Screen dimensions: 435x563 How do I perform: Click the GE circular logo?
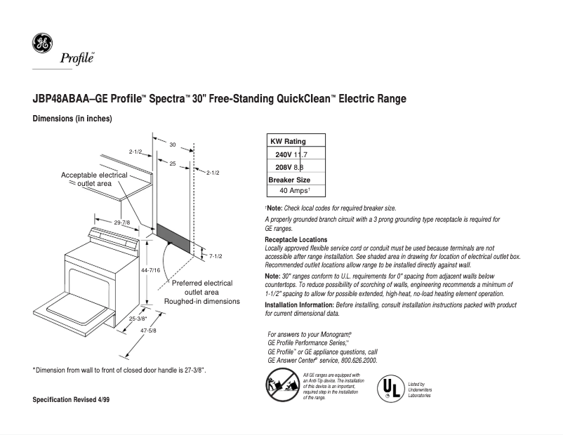coord(42,43)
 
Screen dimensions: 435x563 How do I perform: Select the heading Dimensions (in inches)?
coord(72,119)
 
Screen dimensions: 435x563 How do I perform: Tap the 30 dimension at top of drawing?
coord(172,144)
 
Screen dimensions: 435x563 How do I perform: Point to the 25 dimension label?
coord(172,163)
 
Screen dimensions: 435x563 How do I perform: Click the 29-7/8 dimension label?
coord(122,222)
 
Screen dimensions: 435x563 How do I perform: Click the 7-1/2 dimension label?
coord(216,257)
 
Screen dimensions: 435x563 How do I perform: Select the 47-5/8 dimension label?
coord(148,330)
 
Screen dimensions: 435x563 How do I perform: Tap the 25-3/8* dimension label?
coord(138,318)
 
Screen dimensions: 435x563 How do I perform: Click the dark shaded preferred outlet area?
coord(173,237)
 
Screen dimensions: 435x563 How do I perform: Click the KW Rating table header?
coord(289,141)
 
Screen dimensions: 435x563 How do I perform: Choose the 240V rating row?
coord(291,154)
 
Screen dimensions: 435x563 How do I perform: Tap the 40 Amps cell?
coord(295,190)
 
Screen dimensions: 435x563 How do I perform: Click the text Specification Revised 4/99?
coord(72,399)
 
